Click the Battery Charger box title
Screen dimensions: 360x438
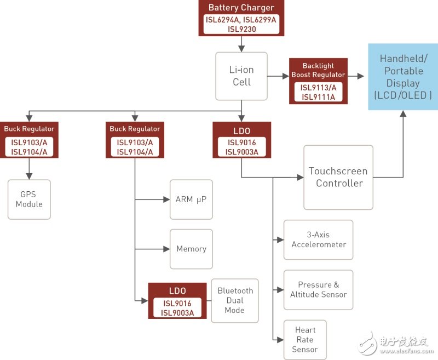(x=241, y=8)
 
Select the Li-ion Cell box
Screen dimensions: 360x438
(x=241, y=76)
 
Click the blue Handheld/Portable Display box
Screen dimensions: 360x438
(x=402, y=77)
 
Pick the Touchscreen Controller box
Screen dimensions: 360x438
(x=339, y=177)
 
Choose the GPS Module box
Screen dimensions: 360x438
(x=29, y=199)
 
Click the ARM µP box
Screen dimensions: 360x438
(x=191, y=199)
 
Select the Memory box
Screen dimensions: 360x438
(x=191, y=249)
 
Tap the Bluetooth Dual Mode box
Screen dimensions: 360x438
(x=235, y=300)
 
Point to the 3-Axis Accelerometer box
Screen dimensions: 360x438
(x=318, y=239)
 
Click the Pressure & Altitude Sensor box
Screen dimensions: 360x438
(x=318, y=289)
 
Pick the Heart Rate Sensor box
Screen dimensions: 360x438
(x=305, y=340)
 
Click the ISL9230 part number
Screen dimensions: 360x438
(x=241, y=29)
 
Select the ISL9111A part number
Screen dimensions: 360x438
(x=318, y=97)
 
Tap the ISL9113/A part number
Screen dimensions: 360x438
(x=318, y=87)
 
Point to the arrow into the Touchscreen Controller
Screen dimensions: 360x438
(x=300, y=178)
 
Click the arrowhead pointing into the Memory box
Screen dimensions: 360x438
(x=166, y=249)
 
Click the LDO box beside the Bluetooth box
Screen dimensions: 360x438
(x=177, y=300)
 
